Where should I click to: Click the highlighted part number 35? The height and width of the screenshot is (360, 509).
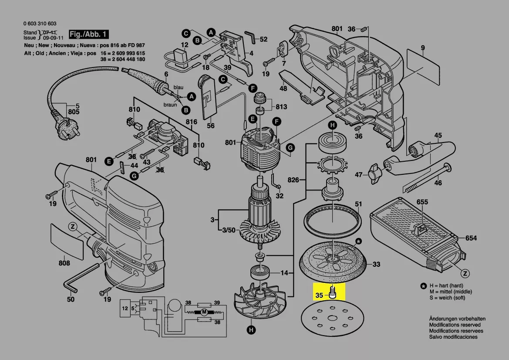point(319,295)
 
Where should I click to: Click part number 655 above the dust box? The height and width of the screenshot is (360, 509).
point(422,202)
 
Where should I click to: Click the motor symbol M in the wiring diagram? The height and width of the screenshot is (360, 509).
point(203,312)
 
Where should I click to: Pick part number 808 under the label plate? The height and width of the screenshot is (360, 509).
point(64,263)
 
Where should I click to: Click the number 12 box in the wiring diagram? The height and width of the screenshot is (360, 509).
point(125,309)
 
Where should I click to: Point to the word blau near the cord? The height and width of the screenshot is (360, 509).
point(179,88)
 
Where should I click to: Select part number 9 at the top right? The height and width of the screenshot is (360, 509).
point(422,48)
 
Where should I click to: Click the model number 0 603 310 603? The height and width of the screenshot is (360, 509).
point(39,24)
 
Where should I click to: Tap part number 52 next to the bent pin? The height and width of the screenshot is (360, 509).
point(263,39)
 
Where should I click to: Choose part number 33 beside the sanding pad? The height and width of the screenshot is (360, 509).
point(376,264)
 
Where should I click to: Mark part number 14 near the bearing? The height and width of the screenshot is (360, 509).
point(284,273)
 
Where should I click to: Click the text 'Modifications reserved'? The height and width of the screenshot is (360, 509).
point(455,325)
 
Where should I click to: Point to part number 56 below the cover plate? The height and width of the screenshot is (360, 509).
point(211,126)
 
